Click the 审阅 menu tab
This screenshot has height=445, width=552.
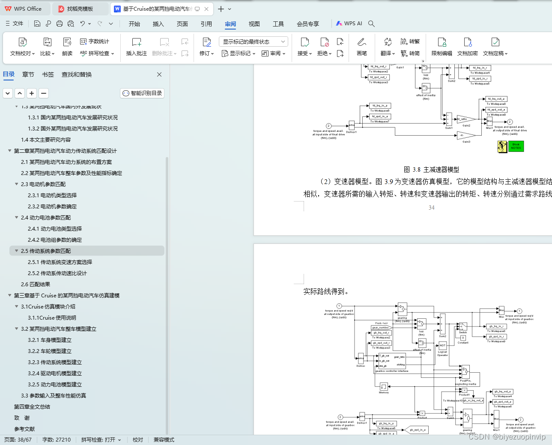pos(230,24)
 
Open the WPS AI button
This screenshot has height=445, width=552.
pos(349,24)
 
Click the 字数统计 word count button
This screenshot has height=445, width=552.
pos(95,42)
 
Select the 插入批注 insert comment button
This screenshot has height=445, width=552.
pos(136,47)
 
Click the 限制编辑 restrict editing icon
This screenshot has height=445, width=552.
pos(442,47)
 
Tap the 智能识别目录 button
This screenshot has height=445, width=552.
pos(142,93)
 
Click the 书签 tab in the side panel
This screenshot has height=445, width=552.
pos(48,74)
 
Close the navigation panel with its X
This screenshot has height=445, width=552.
pos(159,74)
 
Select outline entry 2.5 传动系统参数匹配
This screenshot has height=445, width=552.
pos(46,251)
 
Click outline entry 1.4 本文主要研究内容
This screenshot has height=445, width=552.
pos(46,140)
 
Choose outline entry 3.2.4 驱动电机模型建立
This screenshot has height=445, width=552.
pos(55,374)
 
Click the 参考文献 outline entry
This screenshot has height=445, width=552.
pos(24,429)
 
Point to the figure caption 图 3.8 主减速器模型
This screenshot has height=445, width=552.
pos(431,169)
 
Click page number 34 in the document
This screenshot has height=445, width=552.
pos(431,208)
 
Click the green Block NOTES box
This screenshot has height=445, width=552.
pos(516,146)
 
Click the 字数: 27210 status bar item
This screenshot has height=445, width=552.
pos(57,440)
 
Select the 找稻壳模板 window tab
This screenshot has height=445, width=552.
pos(80,9)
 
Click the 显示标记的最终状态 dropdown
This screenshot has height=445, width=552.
pos(253,42)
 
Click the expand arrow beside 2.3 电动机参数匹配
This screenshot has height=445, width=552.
pos(17,184)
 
